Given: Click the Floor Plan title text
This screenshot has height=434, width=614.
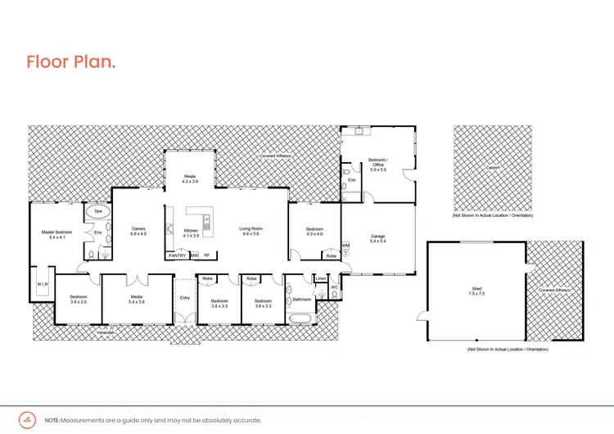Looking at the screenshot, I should point(71,62).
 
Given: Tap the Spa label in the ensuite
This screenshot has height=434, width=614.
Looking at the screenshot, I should point(97,211).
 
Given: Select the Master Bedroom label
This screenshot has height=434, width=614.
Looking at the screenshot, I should point(58,232).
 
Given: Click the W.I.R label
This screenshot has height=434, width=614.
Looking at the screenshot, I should point(43,284).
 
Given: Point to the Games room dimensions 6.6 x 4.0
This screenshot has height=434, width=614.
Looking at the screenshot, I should point(138,234).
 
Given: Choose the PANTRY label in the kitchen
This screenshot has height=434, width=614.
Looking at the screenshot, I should point(177,255).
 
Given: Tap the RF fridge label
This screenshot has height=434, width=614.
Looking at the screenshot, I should point(206,255).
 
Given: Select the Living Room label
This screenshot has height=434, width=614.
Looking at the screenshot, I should point(250,228).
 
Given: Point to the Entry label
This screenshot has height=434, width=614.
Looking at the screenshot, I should point(185,297).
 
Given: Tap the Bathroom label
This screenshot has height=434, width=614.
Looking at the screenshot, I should point(300,300).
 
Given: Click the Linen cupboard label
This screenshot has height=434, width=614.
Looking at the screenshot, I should point(321,279).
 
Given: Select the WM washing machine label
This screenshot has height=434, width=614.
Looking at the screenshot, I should point(345,245).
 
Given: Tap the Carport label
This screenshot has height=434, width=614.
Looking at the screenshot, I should point(492,168).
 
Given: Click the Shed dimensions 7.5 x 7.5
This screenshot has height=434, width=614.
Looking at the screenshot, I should point(476,293).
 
